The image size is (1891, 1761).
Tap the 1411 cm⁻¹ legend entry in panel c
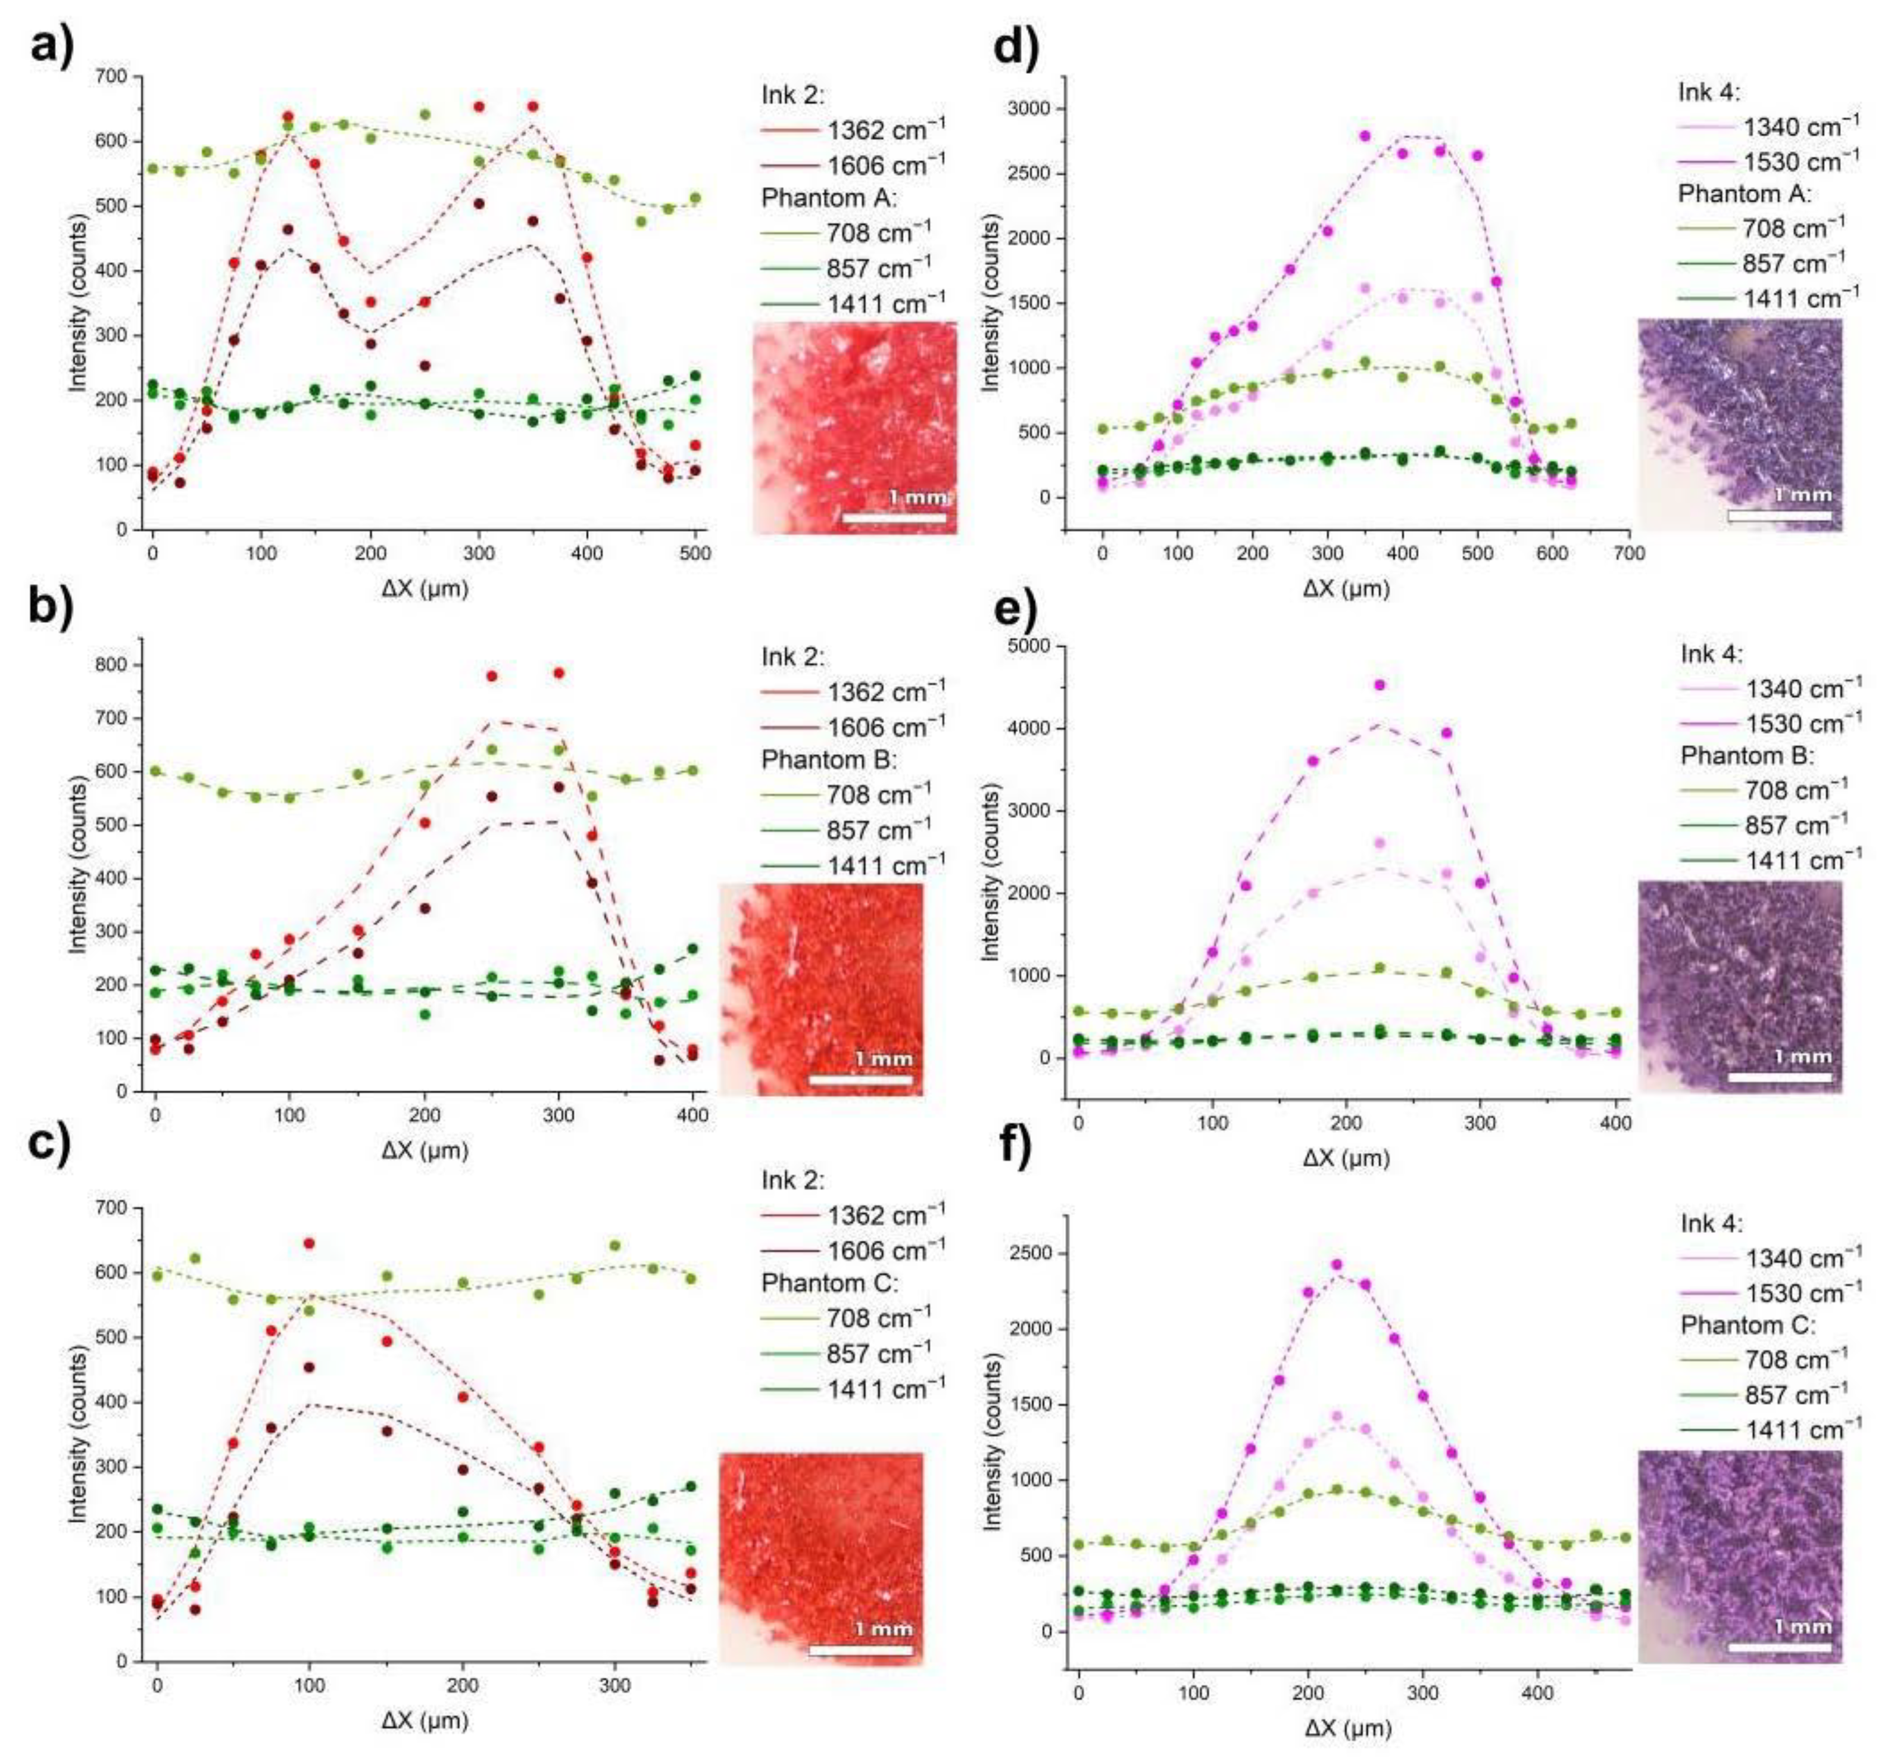tap(852, 1390)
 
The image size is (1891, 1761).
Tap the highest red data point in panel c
tap(308, 1243)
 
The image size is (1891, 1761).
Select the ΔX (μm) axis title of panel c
tap(425, 1720)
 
